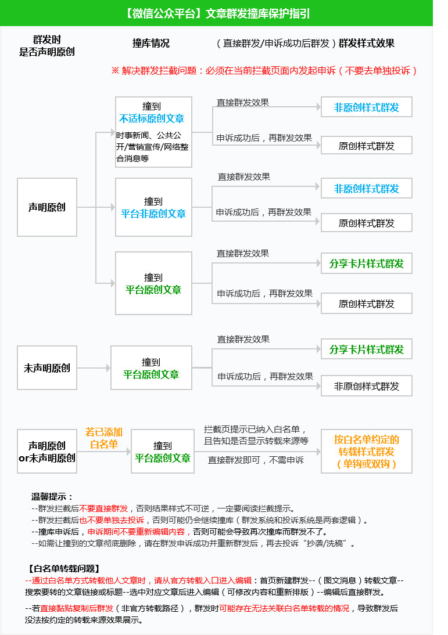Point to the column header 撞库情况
point(151,44)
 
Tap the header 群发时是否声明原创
point(47,46)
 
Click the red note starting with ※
point(264,71)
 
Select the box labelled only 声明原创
point(47,207)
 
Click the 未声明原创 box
point(47,368)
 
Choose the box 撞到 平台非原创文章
point(153,207)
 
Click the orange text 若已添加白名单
point(104,438)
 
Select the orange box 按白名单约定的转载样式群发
point(367,452)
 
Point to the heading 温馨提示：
point(53,497)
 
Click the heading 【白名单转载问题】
point(64,568)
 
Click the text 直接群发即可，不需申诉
point(256,460)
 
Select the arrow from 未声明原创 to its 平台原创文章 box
point(94,368)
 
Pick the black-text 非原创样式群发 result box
point(367,387)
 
